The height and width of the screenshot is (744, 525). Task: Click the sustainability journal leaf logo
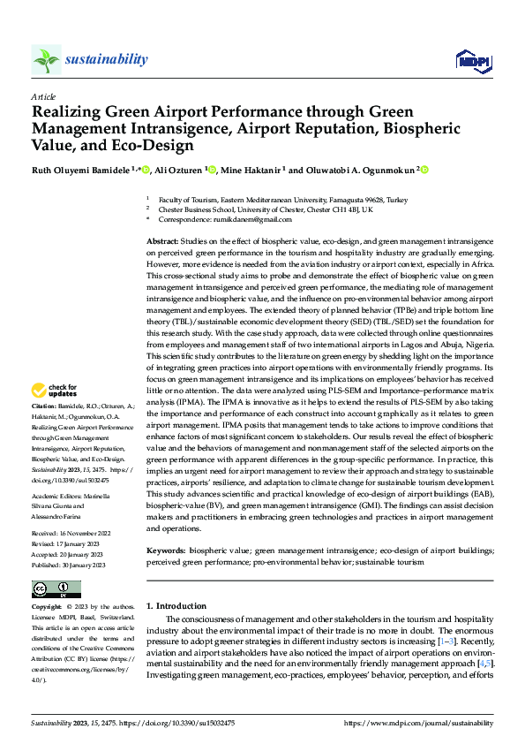click(x=47, y=60)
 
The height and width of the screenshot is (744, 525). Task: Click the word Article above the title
click(x=43, y=96)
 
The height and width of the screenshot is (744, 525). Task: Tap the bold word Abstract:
click(x=162, y=240)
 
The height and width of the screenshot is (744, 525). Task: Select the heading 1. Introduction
click(x=176, y=606)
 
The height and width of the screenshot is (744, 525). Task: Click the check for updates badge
click(x=56, y=390)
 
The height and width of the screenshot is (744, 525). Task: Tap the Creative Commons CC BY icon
click(x=56, y=589)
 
